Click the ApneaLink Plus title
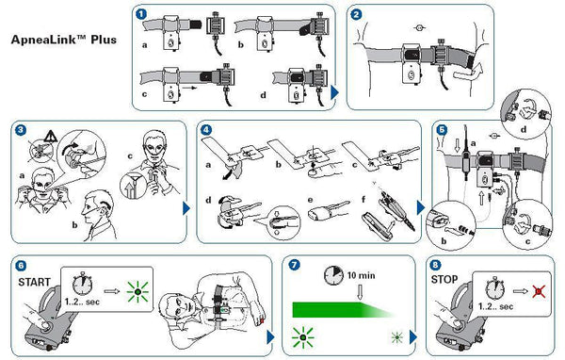(x=64, y=39)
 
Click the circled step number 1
(x=141, y=14)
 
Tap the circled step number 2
(x=356, y=14)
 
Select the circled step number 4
(x=205, y=130)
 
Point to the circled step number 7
(x=295, y=265)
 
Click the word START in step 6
(x=34, y=282)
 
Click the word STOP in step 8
(x=444, y=280)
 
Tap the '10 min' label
(x=361, y=275)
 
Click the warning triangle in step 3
(x=51, y=137)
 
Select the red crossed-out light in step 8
(x=539, y=291)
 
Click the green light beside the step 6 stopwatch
(x=137, y=291)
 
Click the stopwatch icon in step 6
(x=83, y=284)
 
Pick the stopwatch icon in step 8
(x=495, y=288)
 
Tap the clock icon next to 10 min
(x=333, y=276)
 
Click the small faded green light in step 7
(x=396, y=337)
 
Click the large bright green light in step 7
(x=302, y=337)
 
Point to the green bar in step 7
(x=343, y=310)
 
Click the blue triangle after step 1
(x=334, y=92)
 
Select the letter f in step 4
(x=363, y=200)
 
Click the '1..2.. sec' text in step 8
(x=495, y=306)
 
